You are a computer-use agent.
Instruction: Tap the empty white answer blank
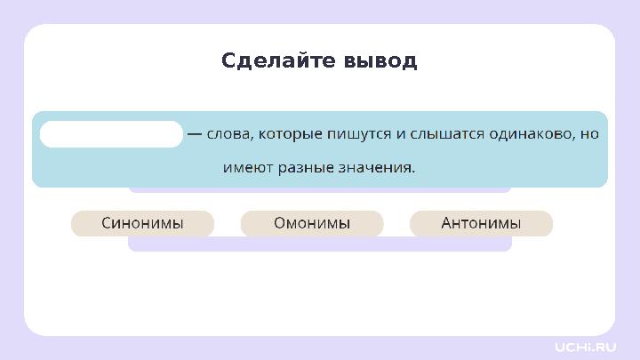tap(111, 134)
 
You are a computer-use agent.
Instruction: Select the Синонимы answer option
tap(142, 223)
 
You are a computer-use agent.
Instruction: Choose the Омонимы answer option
tap(312, 223)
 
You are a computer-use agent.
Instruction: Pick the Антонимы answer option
tap(481, 223)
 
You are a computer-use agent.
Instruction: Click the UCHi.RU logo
tap(585, 345)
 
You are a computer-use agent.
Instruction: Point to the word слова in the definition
tap(228, 134)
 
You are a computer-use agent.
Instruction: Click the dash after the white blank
tap(194, 134)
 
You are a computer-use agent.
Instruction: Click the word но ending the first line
tap(589, 134)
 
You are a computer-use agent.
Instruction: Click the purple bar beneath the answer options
tap(320, 244)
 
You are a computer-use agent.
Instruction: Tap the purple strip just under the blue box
tap(320, 189)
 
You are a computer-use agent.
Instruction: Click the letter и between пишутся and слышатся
tap(400, 134)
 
